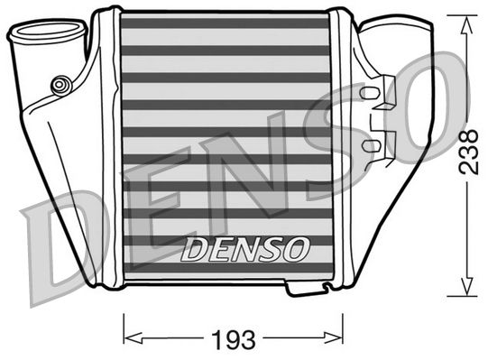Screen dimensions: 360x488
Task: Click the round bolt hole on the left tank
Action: [60, 85]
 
